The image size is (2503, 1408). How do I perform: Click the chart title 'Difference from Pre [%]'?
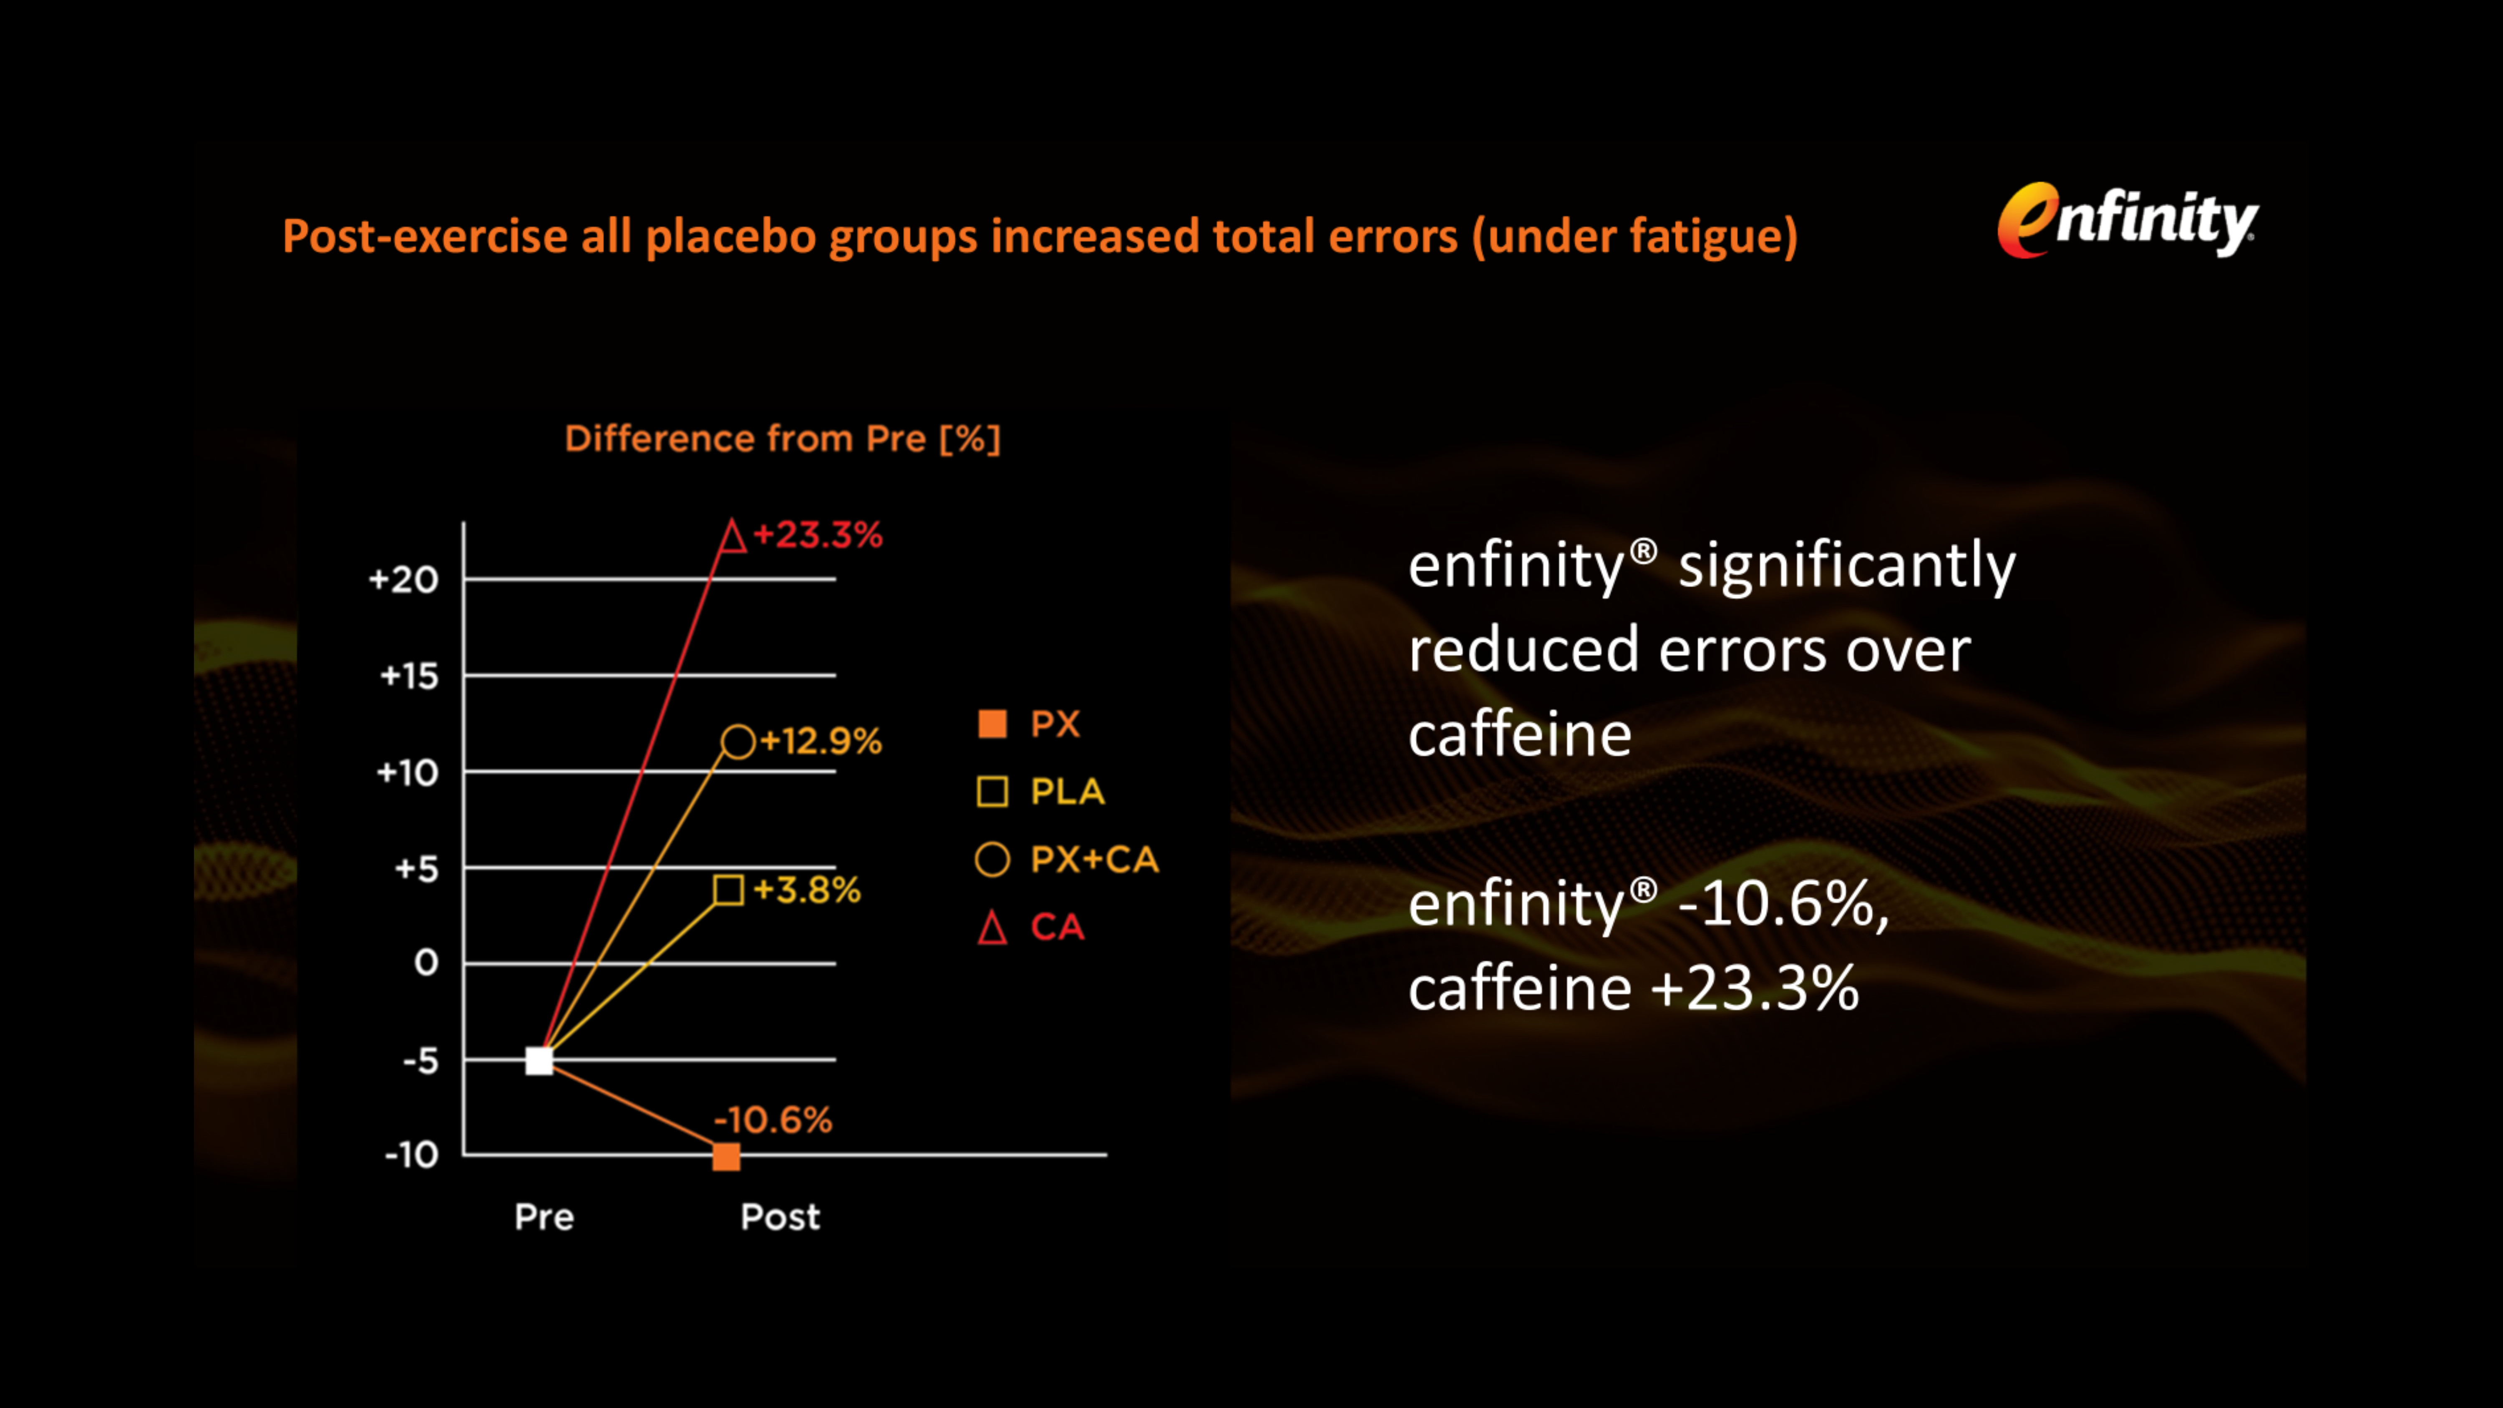[782, 438]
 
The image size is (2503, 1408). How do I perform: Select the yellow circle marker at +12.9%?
[738, 742]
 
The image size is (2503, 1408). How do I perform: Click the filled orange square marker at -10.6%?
[726, 1156]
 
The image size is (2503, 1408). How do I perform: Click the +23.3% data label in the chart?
[818, 535]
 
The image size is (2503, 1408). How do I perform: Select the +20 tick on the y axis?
[403, 580]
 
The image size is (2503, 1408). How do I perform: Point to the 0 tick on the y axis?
[426, 963]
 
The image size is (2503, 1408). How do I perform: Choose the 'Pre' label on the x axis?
[544, 1216]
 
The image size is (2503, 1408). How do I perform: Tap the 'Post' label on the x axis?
[779, 1216]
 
